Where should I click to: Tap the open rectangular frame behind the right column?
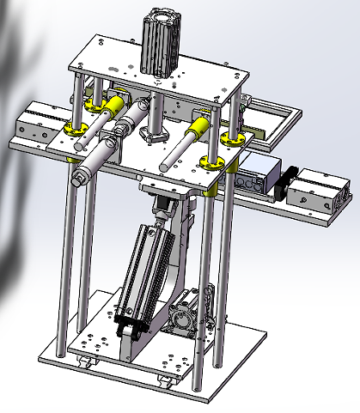tap(271, 116)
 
